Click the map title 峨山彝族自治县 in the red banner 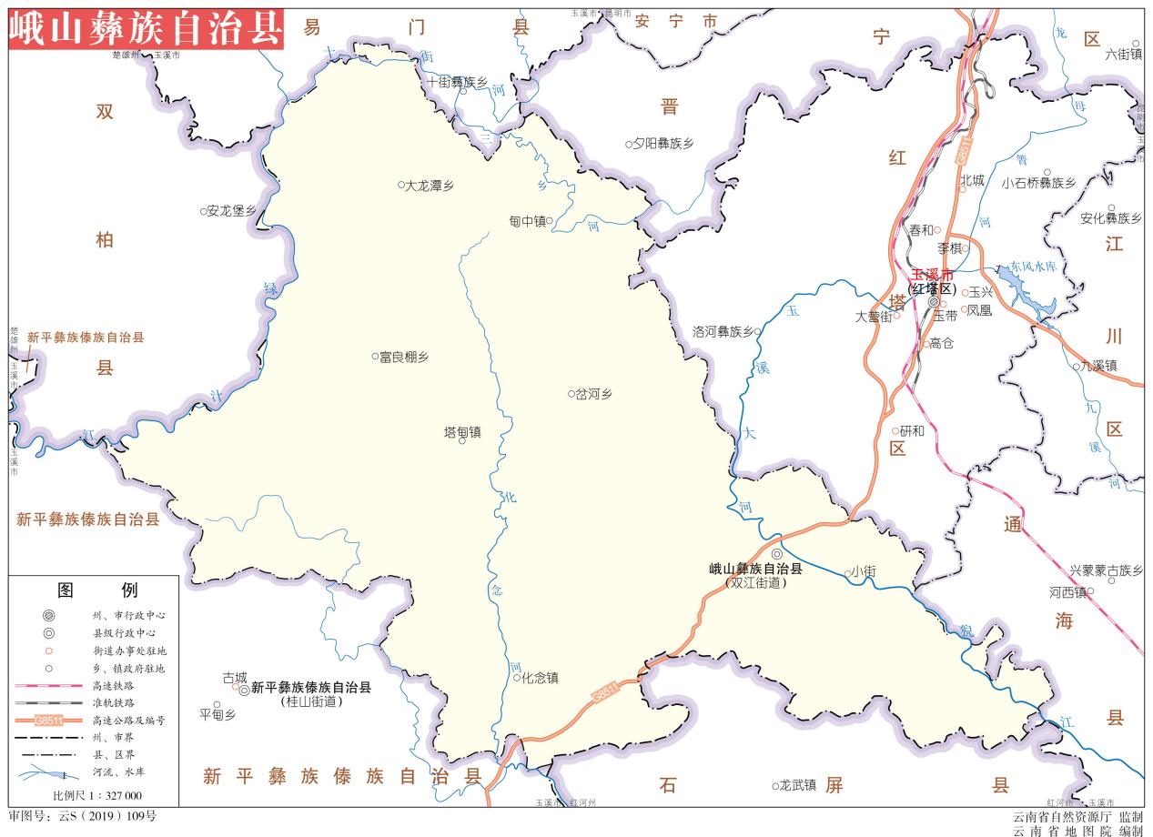(145, 29)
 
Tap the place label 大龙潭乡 (430, 186)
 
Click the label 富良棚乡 (404, 357)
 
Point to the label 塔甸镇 (462, 431)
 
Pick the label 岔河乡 (594, 394)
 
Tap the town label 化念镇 (540, 678)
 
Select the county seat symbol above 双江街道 (776, 554)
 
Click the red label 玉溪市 (933, 274)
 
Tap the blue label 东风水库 (1032, 267)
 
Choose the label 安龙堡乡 (231, 211)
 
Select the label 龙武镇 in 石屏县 (798, 785)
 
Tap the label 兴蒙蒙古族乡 (1105, 570)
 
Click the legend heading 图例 (97, 590)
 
